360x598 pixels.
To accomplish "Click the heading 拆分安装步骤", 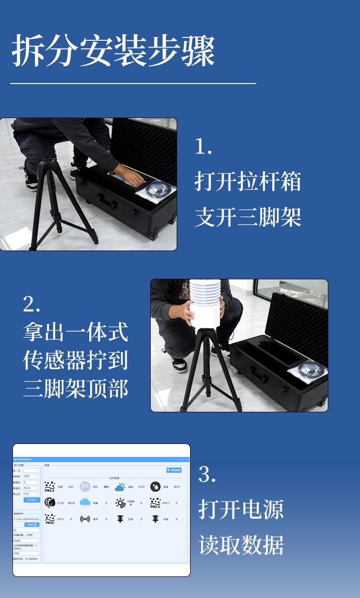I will [x=113, y=51].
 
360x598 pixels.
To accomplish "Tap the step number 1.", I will [x=203, y=147].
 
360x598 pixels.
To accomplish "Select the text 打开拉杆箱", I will [x=248, y=181].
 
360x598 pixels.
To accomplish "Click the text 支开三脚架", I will [x=248, y=217].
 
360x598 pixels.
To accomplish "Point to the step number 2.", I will [x=32, y=304].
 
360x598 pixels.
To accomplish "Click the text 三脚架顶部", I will [x=75, y=389].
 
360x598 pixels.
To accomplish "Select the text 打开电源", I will [x=241, y=509].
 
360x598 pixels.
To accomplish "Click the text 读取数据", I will [x=241, y=545].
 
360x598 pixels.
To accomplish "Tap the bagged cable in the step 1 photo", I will [x=156, y=190].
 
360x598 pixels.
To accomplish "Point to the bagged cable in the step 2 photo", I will [x=307, y=371].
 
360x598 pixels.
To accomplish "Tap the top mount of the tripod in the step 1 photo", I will [x=48, y=160].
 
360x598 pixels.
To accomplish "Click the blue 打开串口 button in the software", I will [x=32, y=500].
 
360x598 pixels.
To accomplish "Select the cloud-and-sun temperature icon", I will [x=120, y=487].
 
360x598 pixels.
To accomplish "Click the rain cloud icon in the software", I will [x=85, y=502].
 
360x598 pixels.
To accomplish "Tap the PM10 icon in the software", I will [x=49, y=519].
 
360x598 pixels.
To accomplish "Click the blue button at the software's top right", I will [x=173, y=470].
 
